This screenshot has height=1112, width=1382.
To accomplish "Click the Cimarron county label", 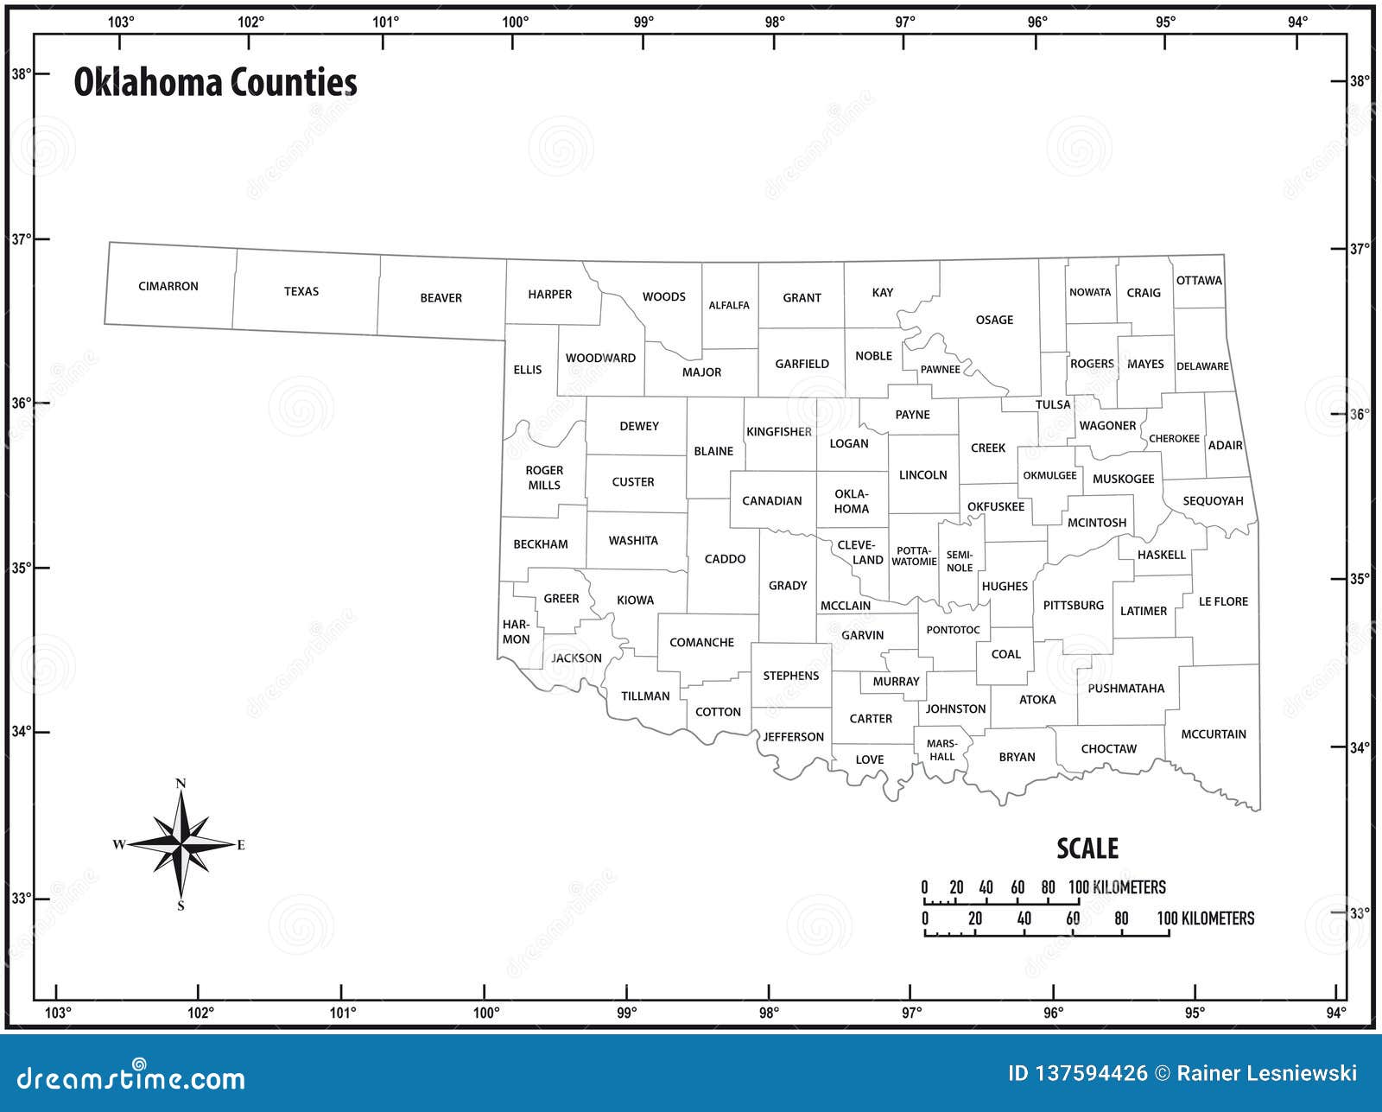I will [168, 286].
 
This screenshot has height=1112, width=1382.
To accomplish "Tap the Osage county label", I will [994, 320].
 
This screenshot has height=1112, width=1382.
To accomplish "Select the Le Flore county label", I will [1223, 601].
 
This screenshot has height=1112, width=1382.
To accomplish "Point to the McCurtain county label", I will [1214, 734].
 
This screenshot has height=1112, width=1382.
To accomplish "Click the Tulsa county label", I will [1053, 404].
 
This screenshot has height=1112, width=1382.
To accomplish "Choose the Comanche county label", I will [701, 642].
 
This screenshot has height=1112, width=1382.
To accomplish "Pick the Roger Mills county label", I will [544, 478].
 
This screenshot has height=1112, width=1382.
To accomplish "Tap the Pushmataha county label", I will [1125, 689].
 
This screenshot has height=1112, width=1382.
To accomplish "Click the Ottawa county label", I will [1199, 281].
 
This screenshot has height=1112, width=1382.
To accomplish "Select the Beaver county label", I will [441, 298].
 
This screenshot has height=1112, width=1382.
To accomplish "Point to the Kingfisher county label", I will [779, 431].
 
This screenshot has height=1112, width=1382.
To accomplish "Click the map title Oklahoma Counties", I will [215, 83].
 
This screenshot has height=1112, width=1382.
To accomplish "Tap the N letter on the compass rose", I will [181, 784].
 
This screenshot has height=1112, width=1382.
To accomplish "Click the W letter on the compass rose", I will [119, 844].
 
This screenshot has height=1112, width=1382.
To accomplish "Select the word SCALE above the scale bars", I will [1087, 848].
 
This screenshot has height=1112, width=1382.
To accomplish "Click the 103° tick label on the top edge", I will [121, 22].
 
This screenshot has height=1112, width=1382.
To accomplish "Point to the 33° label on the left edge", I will [20, 899].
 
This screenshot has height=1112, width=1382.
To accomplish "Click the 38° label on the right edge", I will [1360, 81].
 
